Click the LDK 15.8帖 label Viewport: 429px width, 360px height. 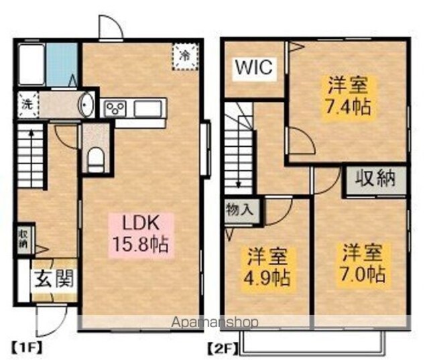pyautogui.click(x=140, y=234)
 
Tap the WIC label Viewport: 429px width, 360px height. pyautogui.click(x=254, y=67)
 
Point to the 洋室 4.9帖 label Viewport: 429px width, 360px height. pyautogui.click(x=267, y=267)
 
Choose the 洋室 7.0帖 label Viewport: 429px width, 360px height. pyautogui.click(x=363, y=263)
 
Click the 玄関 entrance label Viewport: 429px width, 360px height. pyautogui.click(x=54, y=279)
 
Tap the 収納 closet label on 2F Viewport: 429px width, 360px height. pyautogui.click(x=375, y=178)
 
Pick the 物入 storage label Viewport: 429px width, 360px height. pyautogui.click(x=240, y=210)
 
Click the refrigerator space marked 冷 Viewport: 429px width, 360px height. pyautogui.click(x=185, y=56)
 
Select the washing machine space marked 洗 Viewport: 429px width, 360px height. pyautogui.click(x=27, y=105)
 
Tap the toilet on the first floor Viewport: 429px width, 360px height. pyautogui.click(x=96, y=160)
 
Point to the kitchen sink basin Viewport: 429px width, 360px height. pyautogui.click(x=147, y=109)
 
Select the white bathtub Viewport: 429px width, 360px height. pyautogui.click(x=32, y=64)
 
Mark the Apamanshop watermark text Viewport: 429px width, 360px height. pyautogui.click(x=214, y=322)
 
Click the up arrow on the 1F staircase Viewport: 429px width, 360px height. pyautogui.click(x=32, y=158)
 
